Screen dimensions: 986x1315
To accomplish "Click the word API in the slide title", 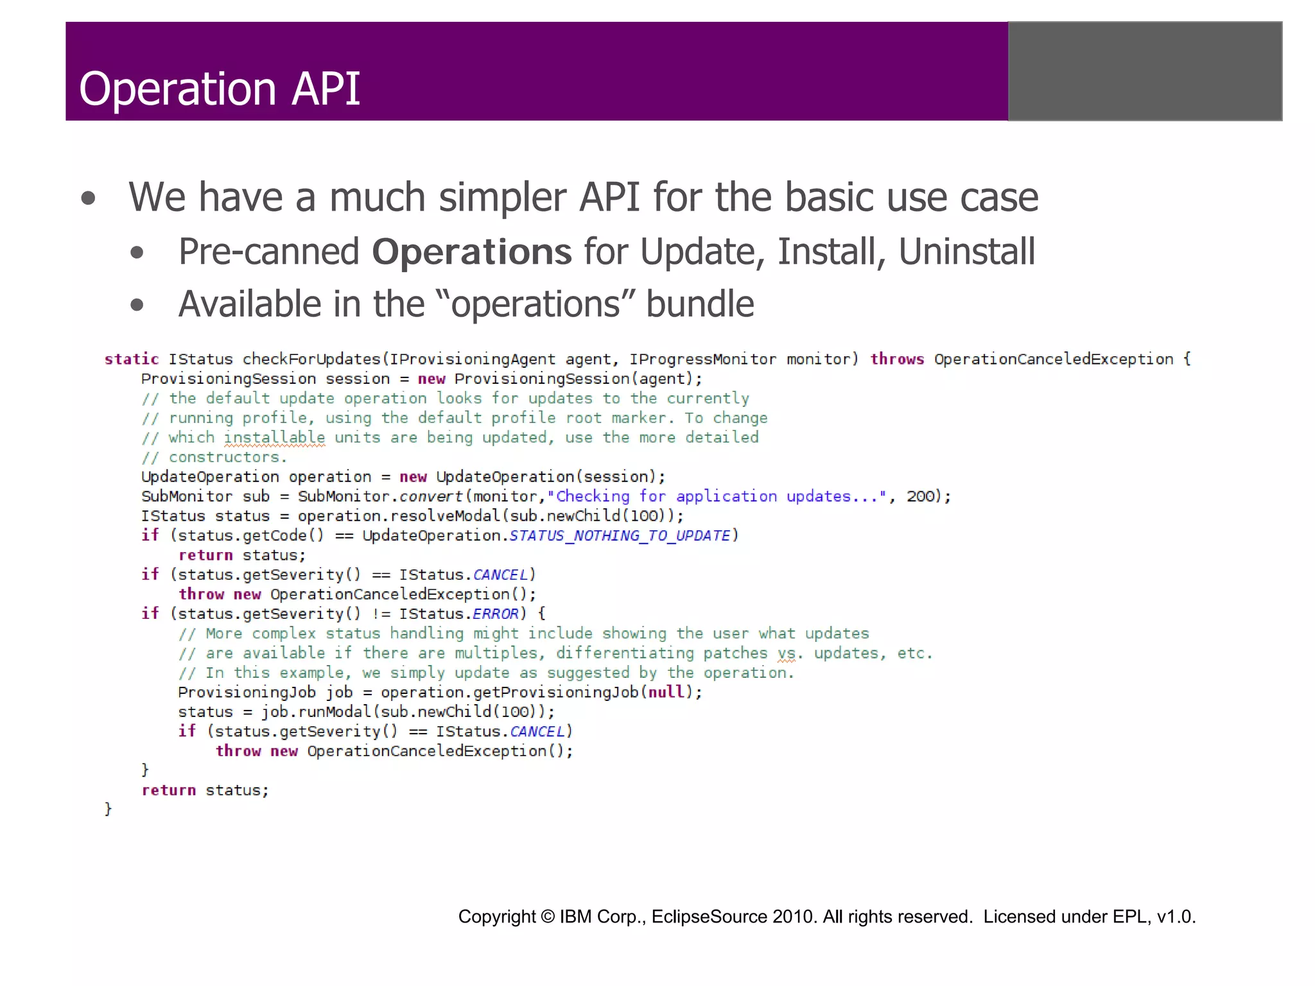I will pyautogui.click(x=326, y=89).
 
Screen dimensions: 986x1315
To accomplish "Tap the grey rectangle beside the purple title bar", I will pyautogui.click(x=1144, y=71).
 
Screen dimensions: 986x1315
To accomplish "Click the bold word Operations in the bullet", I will pyautogui.click(x=471, y=251).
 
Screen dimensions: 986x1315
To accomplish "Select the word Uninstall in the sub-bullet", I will pyautogui.click(x=966, y=251).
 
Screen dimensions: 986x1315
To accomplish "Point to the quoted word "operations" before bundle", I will pyautogui.click(x=536, y=304).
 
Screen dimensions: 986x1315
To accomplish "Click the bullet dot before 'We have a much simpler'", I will pyautogui.click(x=89, y=198).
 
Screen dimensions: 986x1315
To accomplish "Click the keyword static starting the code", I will pyautogui.click(x=132, y=359).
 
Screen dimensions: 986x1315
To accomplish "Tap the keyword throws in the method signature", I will pyautogui.click(x=897, y=359).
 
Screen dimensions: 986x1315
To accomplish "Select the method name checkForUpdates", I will pyautogui.click(x=311, y=359).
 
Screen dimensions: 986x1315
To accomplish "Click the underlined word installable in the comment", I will pyautogui.click(x=274, y=438).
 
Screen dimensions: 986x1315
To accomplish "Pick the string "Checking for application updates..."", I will pyautogui.click(x=717, y=496).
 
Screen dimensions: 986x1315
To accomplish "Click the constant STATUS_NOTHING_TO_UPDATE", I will pyautogui.click(x=620, y=535).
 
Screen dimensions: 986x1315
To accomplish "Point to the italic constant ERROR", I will pyautogui.click(x=495, y=614).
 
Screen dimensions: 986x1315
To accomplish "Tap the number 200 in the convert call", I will pyautogui.click(x=919, y=496).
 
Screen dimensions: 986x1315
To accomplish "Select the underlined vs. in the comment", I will pyautogui.click(x=787, y=653).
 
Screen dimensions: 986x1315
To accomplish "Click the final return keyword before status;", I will pyautogui.click(x=168, y=790).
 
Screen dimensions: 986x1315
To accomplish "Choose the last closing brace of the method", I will pyautogui.click(x=108, y=809).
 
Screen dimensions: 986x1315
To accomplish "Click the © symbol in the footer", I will pyautogui.click(x=548, y=917).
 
